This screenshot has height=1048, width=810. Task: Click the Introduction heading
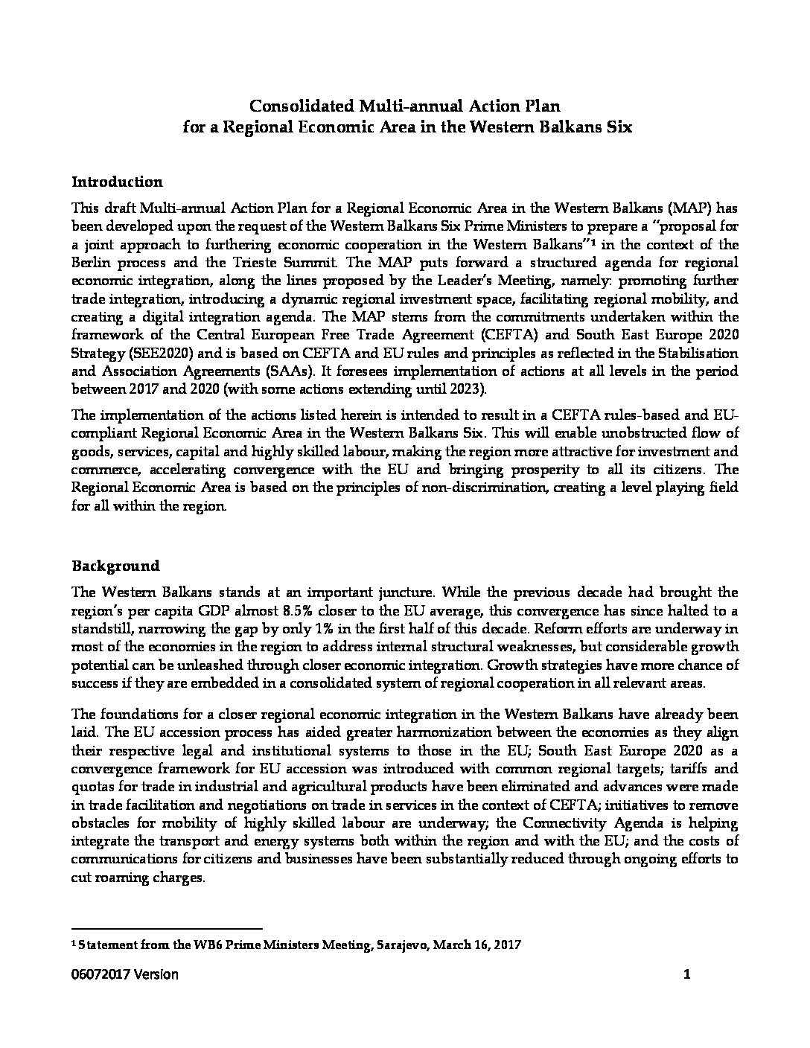[x=117, y=182]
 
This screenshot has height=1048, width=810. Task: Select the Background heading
[x=115, y=566]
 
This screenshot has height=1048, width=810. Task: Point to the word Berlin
[x=92, y=262]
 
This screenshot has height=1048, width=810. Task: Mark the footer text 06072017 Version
[x=124, y=974]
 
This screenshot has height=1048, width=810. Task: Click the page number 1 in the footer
[x=687, y=974]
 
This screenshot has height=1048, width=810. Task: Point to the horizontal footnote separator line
[x=167, y=928]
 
